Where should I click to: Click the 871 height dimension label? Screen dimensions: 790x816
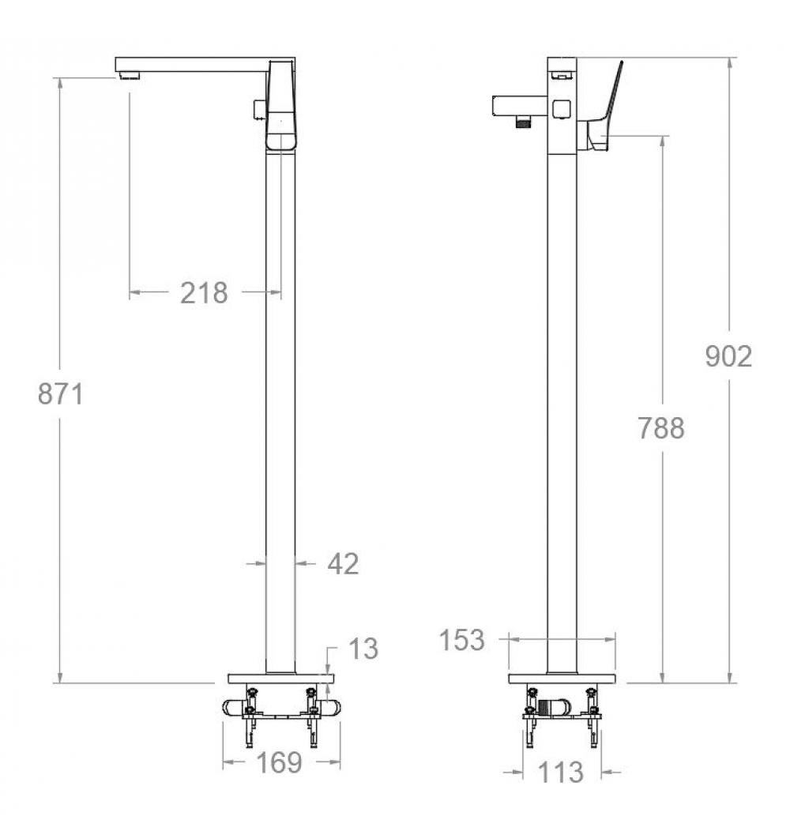point(60,393)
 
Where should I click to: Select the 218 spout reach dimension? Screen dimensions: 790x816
point(204,292)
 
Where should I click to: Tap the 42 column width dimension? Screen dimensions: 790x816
point(343,563)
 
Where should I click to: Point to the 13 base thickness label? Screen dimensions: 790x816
point(363,649)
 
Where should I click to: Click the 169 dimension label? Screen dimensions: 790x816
point(279,763)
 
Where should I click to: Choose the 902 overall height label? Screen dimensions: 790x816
point(728,356)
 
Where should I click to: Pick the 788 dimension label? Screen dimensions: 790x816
point(661,428)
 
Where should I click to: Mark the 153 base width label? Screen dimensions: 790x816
point(461,640)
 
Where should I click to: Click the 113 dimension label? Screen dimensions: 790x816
point(560,773)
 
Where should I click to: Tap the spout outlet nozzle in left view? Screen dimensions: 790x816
point(130,76)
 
